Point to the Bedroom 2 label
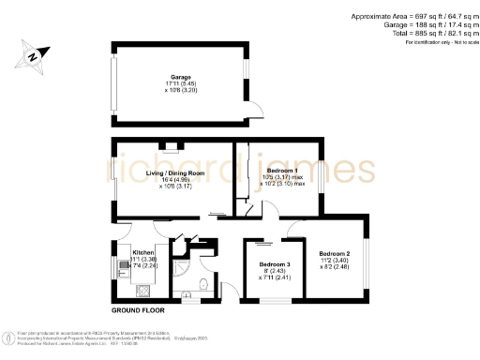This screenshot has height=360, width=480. [x=334, y=255]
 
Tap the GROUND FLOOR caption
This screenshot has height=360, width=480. [x=138, y=309]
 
